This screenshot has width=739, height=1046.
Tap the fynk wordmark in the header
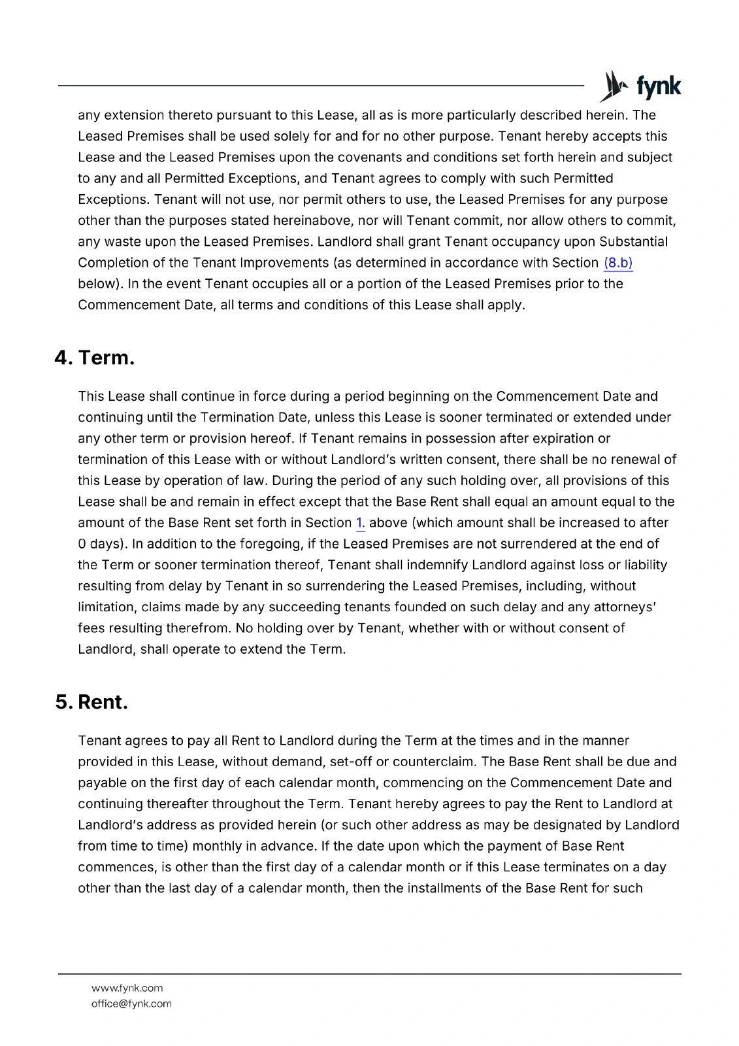tap(659, 87)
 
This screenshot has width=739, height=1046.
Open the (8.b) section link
tap(618, 263)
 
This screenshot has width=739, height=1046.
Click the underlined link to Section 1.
tap(360, 523)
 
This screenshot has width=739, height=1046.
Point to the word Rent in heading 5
tap(103, 702)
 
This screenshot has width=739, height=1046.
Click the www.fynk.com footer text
tap(127, 988)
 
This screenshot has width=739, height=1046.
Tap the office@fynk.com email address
tap(131, 1004)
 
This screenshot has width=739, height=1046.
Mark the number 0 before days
tap(82, 544)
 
